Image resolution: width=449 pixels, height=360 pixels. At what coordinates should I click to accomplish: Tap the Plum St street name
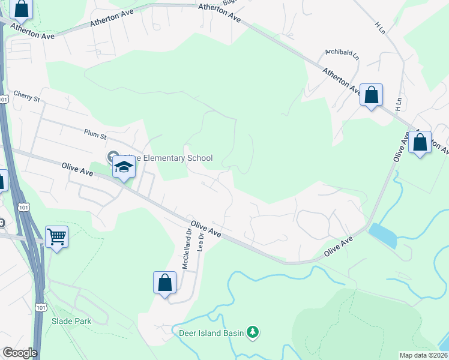tap(95, 133)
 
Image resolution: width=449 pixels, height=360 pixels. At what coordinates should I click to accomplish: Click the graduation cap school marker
tap(123, 167)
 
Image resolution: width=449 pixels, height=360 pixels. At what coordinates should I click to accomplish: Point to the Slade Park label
tap(71, 321)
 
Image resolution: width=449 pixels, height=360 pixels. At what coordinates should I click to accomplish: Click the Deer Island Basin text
tap(209, 332)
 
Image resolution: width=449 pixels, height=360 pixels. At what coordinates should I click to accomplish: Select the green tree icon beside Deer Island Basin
tap(253, 332)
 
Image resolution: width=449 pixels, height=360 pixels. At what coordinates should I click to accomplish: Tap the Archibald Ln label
tap(342, 55)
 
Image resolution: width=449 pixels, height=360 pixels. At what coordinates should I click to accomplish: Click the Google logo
tap(20, 353)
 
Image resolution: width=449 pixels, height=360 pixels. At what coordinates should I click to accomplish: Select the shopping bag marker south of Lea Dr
tap(164, 282)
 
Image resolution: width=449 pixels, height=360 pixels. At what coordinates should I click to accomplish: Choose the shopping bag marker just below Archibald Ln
tap(372, 95)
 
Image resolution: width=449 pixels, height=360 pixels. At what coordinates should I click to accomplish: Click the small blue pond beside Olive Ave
tap(383, 235)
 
